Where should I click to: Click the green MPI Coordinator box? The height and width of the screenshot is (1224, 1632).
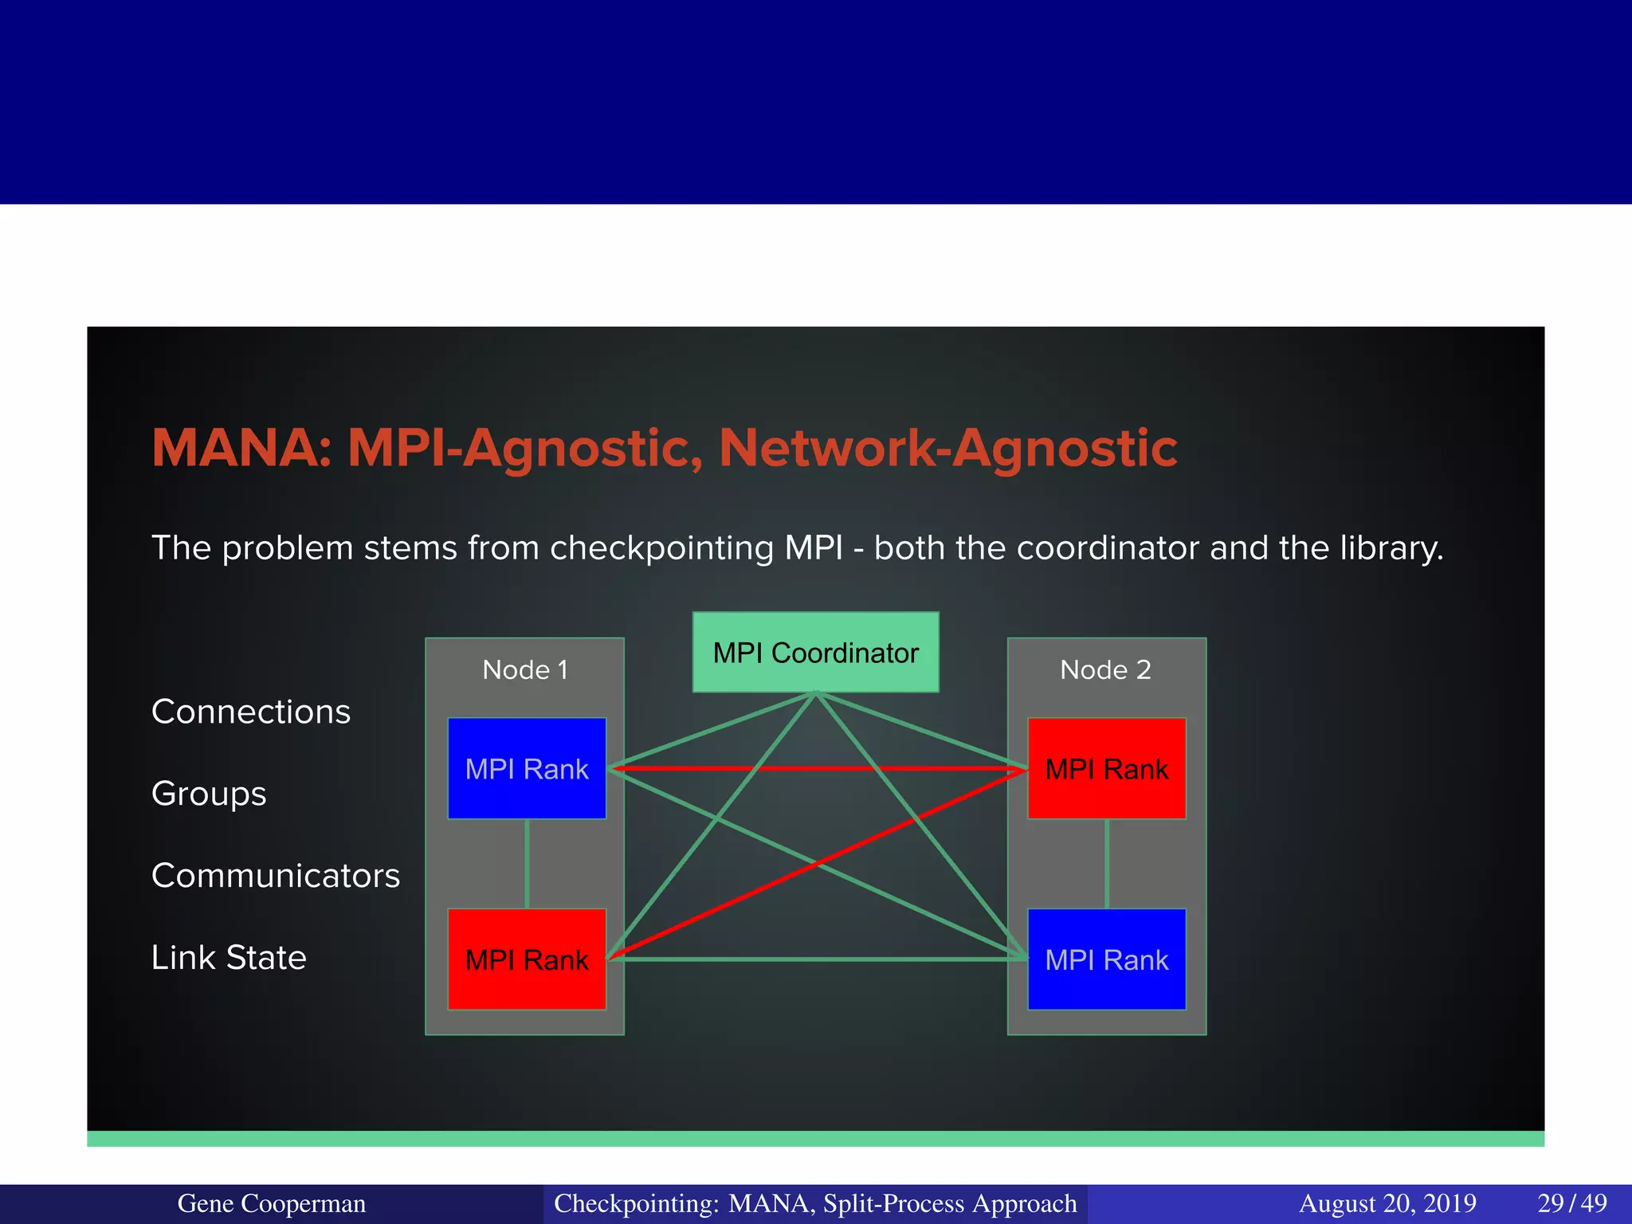point(815,652)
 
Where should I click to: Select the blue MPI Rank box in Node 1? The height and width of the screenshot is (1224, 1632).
point(527,768)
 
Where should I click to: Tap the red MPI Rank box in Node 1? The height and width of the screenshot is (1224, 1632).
point(527,959)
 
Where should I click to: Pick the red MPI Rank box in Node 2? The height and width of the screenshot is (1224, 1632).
point(1106,768)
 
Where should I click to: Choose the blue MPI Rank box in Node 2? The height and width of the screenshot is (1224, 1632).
point(1106,959)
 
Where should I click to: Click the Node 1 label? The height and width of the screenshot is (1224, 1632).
point(525,669)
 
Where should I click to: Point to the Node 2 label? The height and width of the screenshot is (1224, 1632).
point(1105,669)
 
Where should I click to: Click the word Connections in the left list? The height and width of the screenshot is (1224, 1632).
point(251,712)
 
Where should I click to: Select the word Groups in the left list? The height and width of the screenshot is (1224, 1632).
point(209,794)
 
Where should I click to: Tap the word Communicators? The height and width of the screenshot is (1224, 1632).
point(276,876)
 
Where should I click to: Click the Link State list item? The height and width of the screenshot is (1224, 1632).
point(229,958)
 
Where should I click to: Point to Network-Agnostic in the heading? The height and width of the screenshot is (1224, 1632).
point(948,448)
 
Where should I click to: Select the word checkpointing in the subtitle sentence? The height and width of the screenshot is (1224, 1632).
point(661,548)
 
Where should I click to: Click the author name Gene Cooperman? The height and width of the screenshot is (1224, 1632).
point(272,1203)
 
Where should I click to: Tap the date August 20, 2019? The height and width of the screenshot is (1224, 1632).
point(1387,1203)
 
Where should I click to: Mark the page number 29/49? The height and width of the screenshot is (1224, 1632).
point(1571,1203)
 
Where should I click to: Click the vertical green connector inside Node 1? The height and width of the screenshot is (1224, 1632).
point(527,864)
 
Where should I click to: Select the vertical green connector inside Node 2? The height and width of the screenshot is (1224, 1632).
point(1107,864)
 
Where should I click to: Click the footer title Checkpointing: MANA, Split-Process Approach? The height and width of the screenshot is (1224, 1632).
point(815,1203)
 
